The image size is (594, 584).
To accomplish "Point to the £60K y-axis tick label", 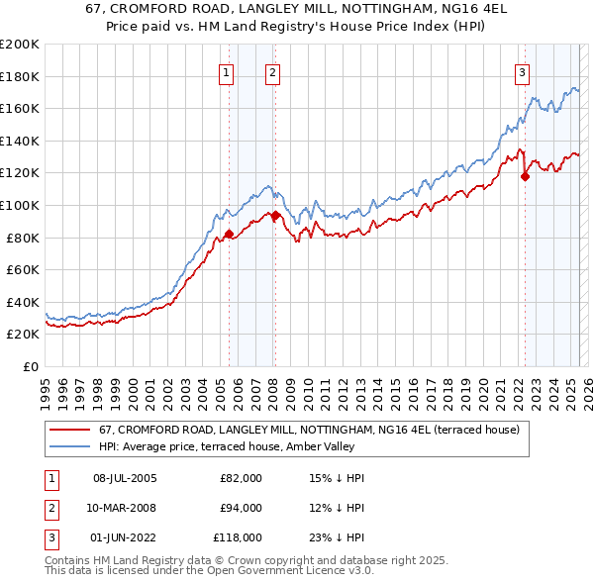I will [x=23, y=269].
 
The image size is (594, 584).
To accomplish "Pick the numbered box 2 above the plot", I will [x=271, y=71].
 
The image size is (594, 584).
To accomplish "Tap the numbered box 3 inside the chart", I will [x=522, y=71].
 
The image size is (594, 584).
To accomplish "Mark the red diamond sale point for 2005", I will [x=229, y=235].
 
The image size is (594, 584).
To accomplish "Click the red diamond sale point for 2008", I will [x=275, y=215].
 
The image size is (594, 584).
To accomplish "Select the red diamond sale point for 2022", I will [x=525, y=177].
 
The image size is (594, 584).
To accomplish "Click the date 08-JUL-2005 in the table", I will [x=125, y=478].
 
